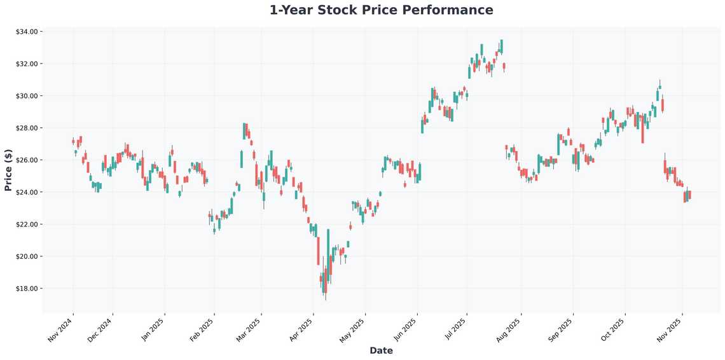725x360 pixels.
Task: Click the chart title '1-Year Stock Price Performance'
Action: point(381,10)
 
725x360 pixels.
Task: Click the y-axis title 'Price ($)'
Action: point(8,170)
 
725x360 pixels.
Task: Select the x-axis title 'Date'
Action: point(381,350)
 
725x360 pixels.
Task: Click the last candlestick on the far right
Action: point(689,195)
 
